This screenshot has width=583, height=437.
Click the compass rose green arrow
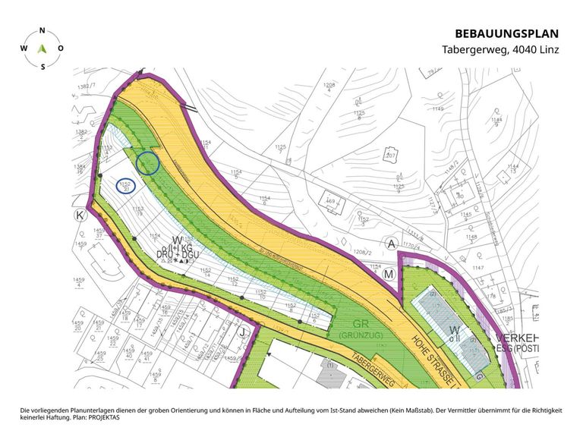pyautogui.click(x=43, y=47)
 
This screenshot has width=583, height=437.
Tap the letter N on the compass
pyautogui.click(x=43, y=30)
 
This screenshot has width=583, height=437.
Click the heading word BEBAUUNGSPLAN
pyautogui.click(x=506, y=33)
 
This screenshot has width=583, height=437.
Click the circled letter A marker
pyautogui.click(x=392, y=244)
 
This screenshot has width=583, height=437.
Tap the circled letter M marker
pyautogui.click(x=389, y=273)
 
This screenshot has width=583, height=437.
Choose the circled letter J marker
pyautogui.click(x=243, y=332)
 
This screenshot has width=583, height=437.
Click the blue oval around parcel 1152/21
pyautogui.click(x=126, y=184)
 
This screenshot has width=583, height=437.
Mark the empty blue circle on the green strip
pyautogui.click(x=147, y=162)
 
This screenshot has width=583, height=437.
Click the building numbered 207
pyautogui.click(x=392, y=155)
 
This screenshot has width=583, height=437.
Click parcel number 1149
pyautogui.click(x=437, y=109)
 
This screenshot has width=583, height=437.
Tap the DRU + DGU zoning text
pyautogui.click(x=178, y=254)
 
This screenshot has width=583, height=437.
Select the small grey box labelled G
pyautogui.click(x=479, y=375)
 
